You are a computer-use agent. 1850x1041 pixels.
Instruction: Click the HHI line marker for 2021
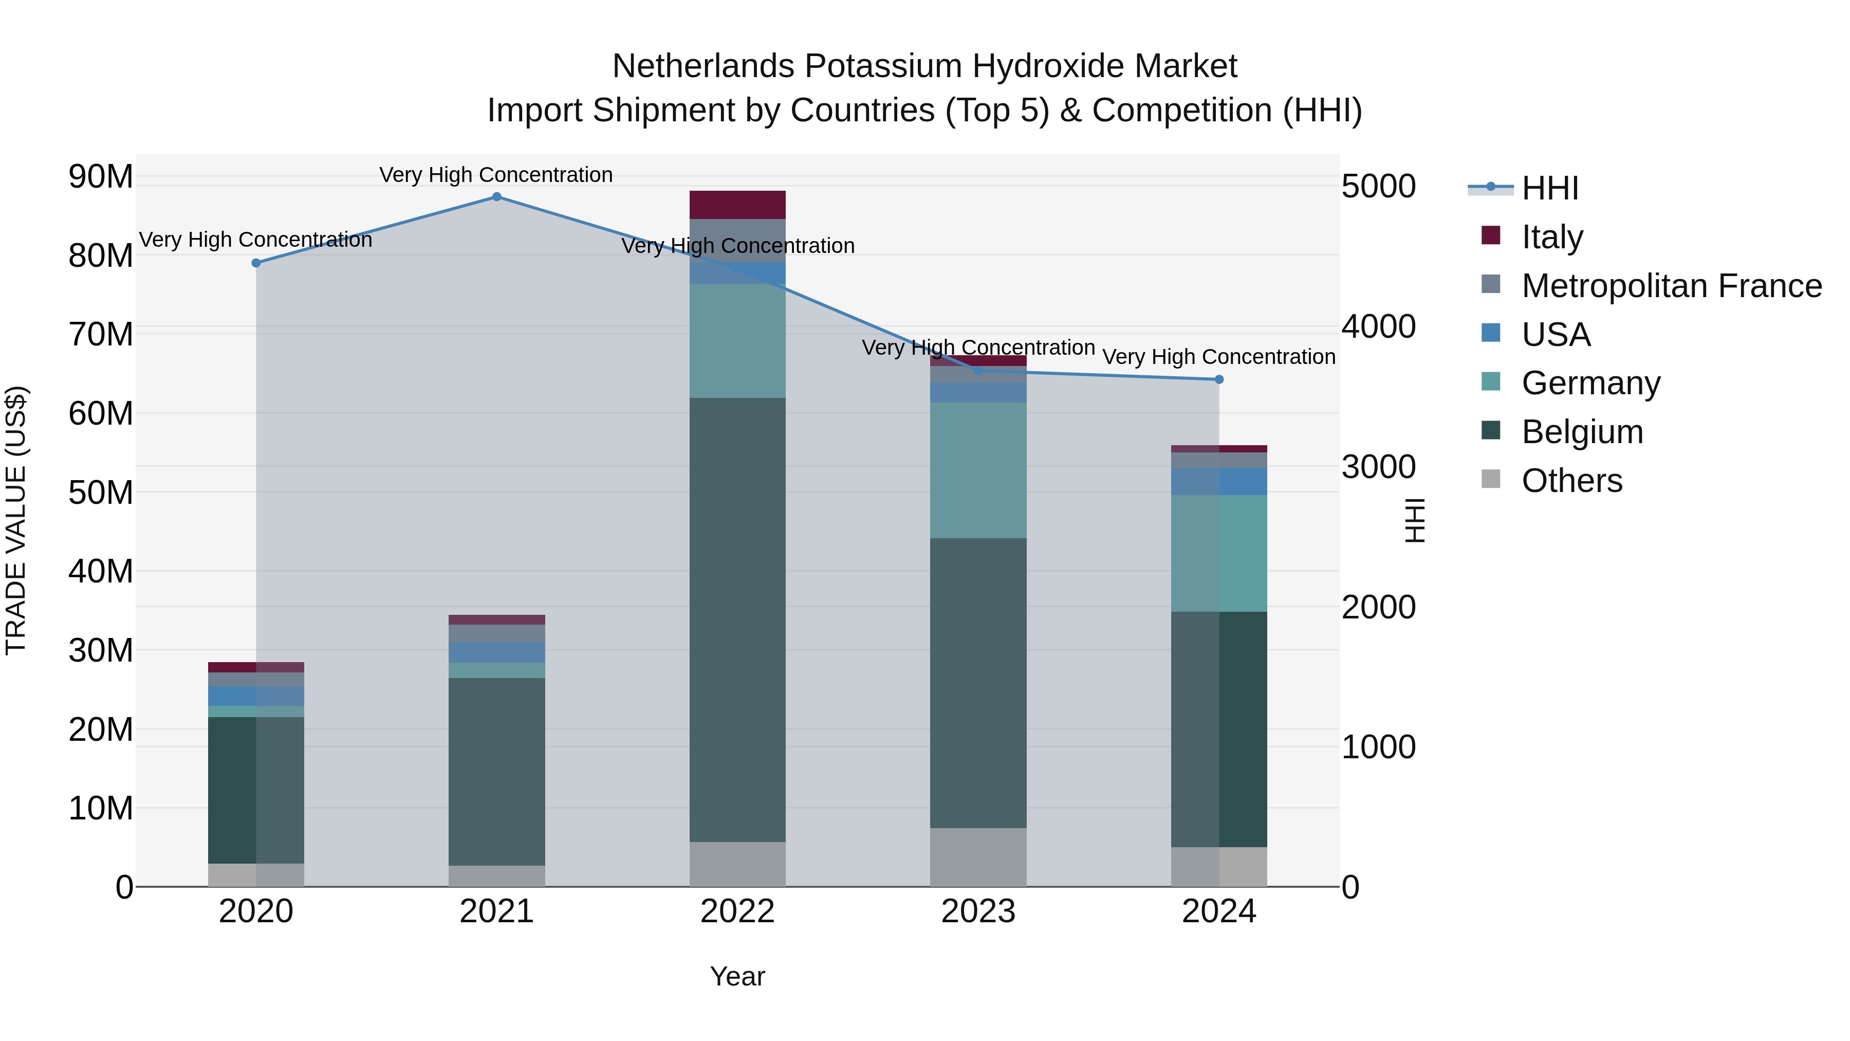point(496,197)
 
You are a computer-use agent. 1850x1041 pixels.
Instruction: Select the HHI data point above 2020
point(256,263)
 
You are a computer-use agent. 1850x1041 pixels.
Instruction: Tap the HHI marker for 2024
point(1219,379)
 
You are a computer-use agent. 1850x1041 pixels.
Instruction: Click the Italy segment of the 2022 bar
point(737,205)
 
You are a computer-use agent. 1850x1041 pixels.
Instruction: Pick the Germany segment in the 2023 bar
point(978,470)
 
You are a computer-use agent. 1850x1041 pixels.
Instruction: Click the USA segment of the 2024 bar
point(1219,481)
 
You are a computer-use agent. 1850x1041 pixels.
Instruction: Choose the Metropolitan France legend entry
point(1671,286)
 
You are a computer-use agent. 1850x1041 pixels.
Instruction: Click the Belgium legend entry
point(1582,432)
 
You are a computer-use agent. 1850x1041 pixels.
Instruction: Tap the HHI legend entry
point(1550,188)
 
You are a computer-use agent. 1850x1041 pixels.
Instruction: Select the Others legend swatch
point(1491,479)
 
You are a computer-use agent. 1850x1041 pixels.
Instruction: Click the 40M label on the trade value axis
point(101,572)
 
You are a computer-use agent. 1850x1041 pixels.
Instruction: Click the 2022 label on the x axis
point(737,911)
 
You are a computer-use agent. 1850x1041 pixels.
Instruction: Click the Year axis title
point(737,976)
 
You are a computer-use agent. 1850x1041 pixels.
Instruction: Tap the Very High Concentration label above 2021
point(496,175)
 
